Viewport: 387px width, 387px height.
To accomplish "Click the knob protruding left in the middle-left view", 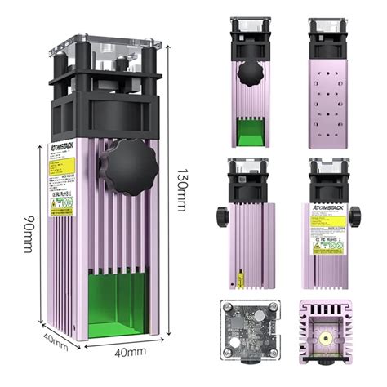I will [x=221, y=217].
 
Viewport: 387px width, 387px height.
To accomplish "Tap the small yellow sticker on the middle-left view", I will [x=242, y=278].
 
